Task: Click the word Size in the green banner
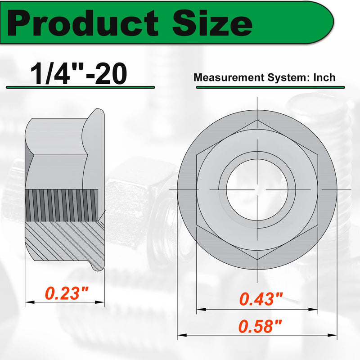(x=212, y=23)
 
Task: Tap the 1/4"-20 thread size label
(x=78, y=74)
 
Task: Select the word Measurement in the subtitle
(x=229, y=77)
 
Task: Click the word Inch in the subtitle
(x=324, y=77)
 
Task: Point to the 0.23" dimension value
(x=67, y=293)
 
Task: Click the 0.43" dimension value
(x=261, y=299)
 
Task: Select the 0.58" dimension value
(x=260, y=326)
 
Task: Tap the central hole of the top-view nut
(x=257, y=190)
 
